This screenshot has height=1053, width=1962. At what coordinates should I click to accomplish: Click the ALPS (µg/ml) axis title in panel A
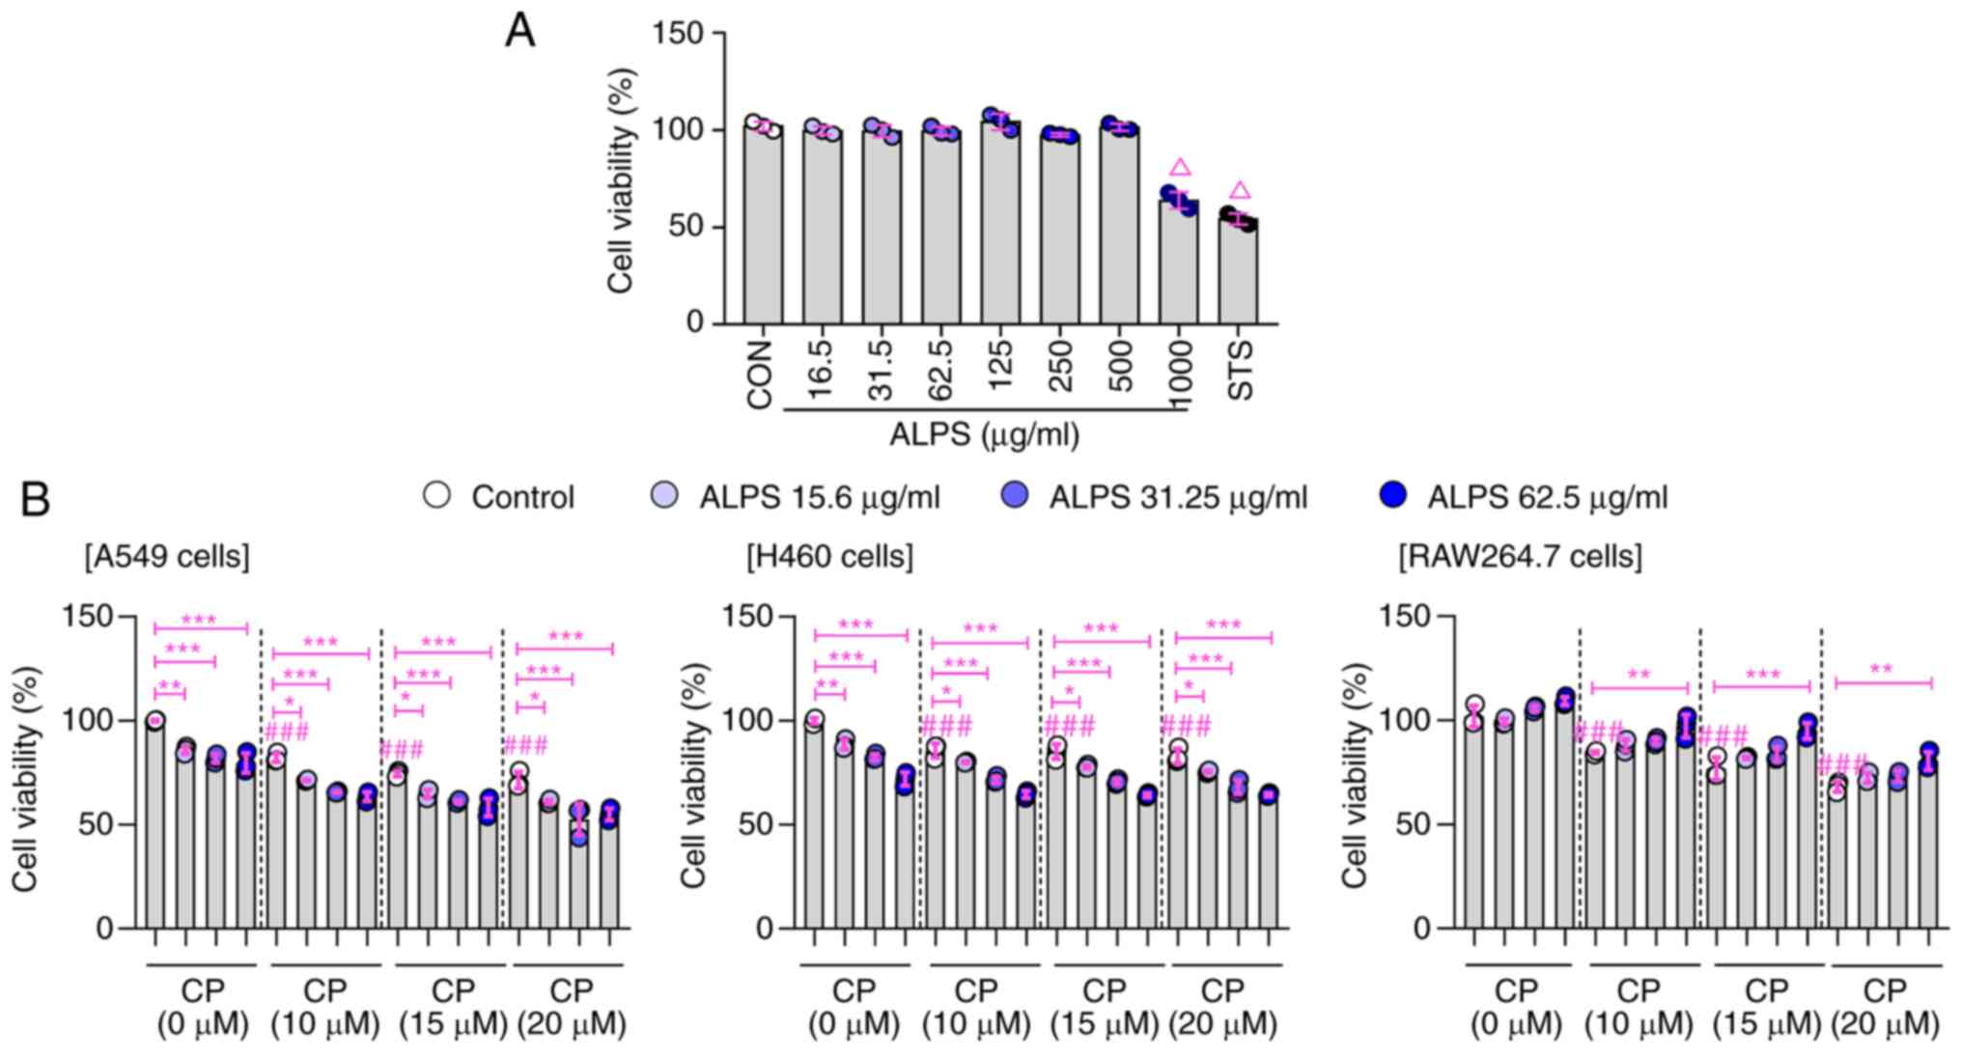coord(984,435)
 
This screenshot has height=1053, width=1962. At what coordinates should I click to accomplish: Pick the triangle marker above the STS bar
coord(1240,191)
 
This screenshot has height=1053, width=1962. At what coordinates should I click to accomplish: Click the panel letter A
coord(519,32)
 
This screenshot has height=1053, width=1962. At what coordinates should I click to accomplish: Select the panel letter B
coord(35,499)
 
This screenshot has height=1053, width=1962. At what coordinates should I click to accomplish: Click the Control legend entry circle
coord(437,496)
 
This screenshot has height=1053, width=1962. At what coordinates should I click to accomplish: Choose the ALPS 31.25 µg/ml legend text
coord(1178,498)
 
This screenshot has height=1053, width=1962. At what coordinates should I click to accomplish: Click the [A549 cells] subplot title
coord(166,557)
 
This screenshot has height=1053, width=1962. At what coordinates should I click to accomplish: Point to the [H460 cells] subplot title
coord(829,557)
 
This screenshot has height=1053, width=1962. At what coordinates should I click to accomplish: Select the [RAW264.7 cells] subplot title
coord(1520,557)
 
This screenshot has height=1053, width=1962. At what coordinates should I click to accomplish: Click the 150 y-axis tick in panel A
coord(678,34)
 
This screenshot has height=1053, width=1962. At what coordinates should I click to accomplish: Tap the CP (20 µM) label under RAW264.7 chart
coord(1884,1007)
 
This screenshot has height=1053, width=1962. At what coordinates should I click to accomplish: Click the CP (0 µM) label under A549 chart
coord(203,1007)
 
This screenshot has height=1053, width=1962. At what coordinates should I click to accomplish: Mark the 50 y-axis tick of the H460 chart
coord(769,825)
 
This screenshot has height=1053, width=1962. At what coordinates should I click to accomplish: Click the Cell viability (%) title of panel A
coord(621,180)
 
